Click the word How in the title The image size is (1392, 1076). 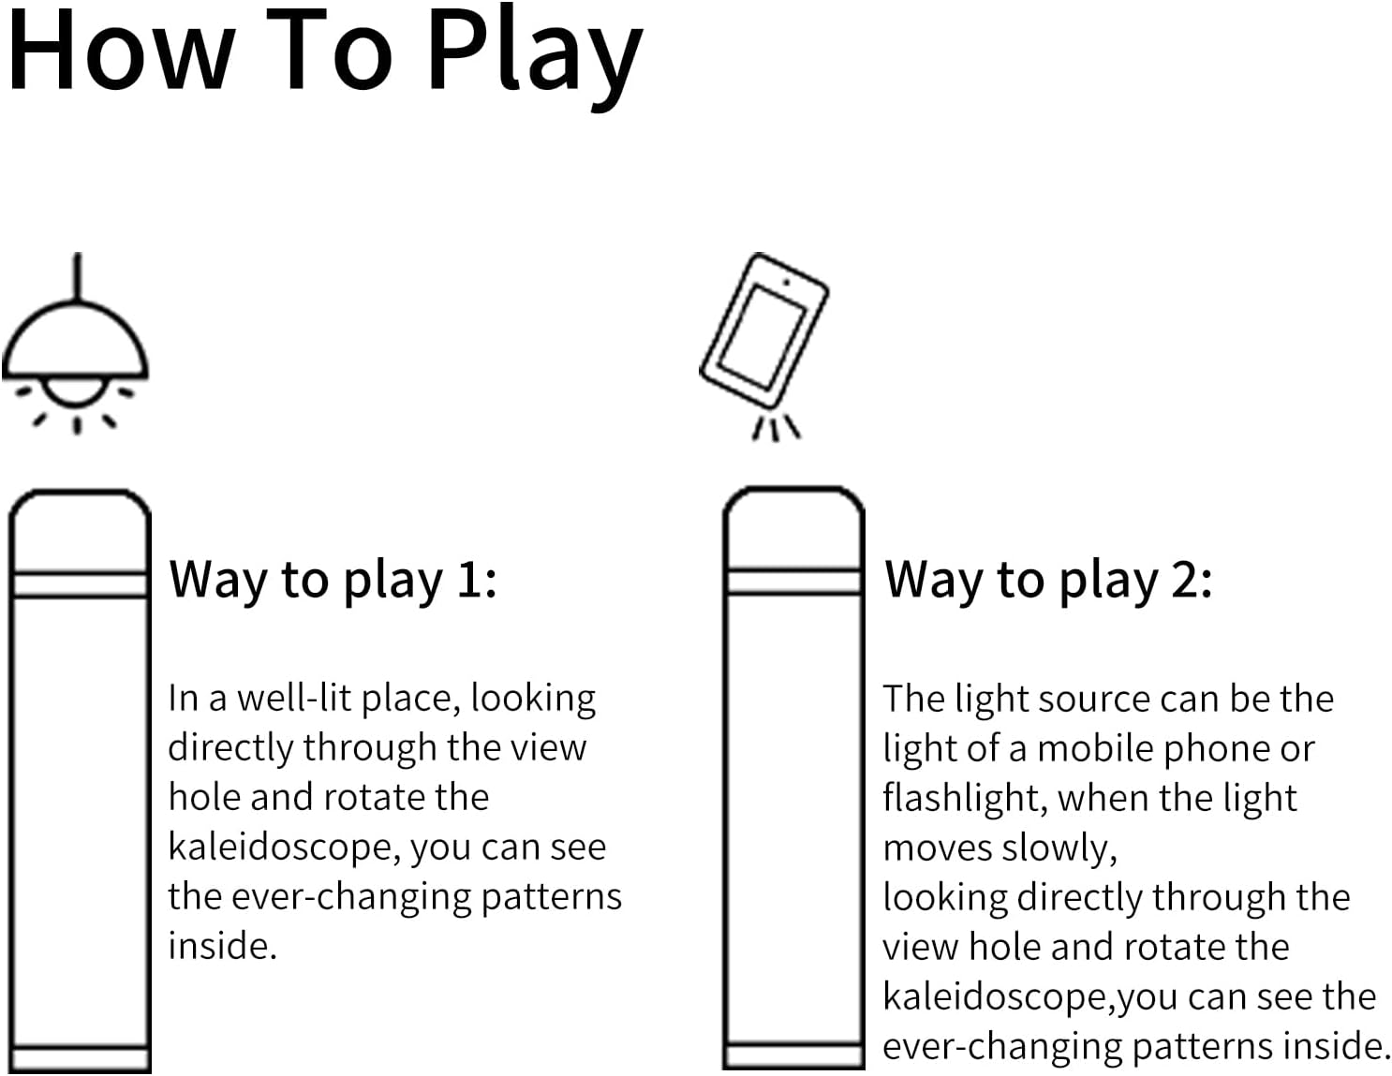coord(120,52)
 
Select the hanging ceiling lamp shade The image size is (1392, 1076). coord(75,342)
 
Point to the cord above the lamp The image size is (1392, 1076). coord(77,276)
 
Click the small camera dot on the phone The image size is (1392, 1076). coord(787,281)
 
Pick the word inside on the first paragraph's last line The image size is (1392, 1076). coord(221,946)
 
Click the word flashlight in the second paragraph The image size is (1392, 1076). coord(965,798)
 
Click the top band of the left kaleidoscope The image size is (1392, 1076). coord(80,583)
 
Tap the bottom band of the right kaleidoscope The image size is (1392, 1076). coord(793,1054)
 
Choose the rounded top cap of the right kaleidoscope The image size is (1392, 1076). coord(793,524)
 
